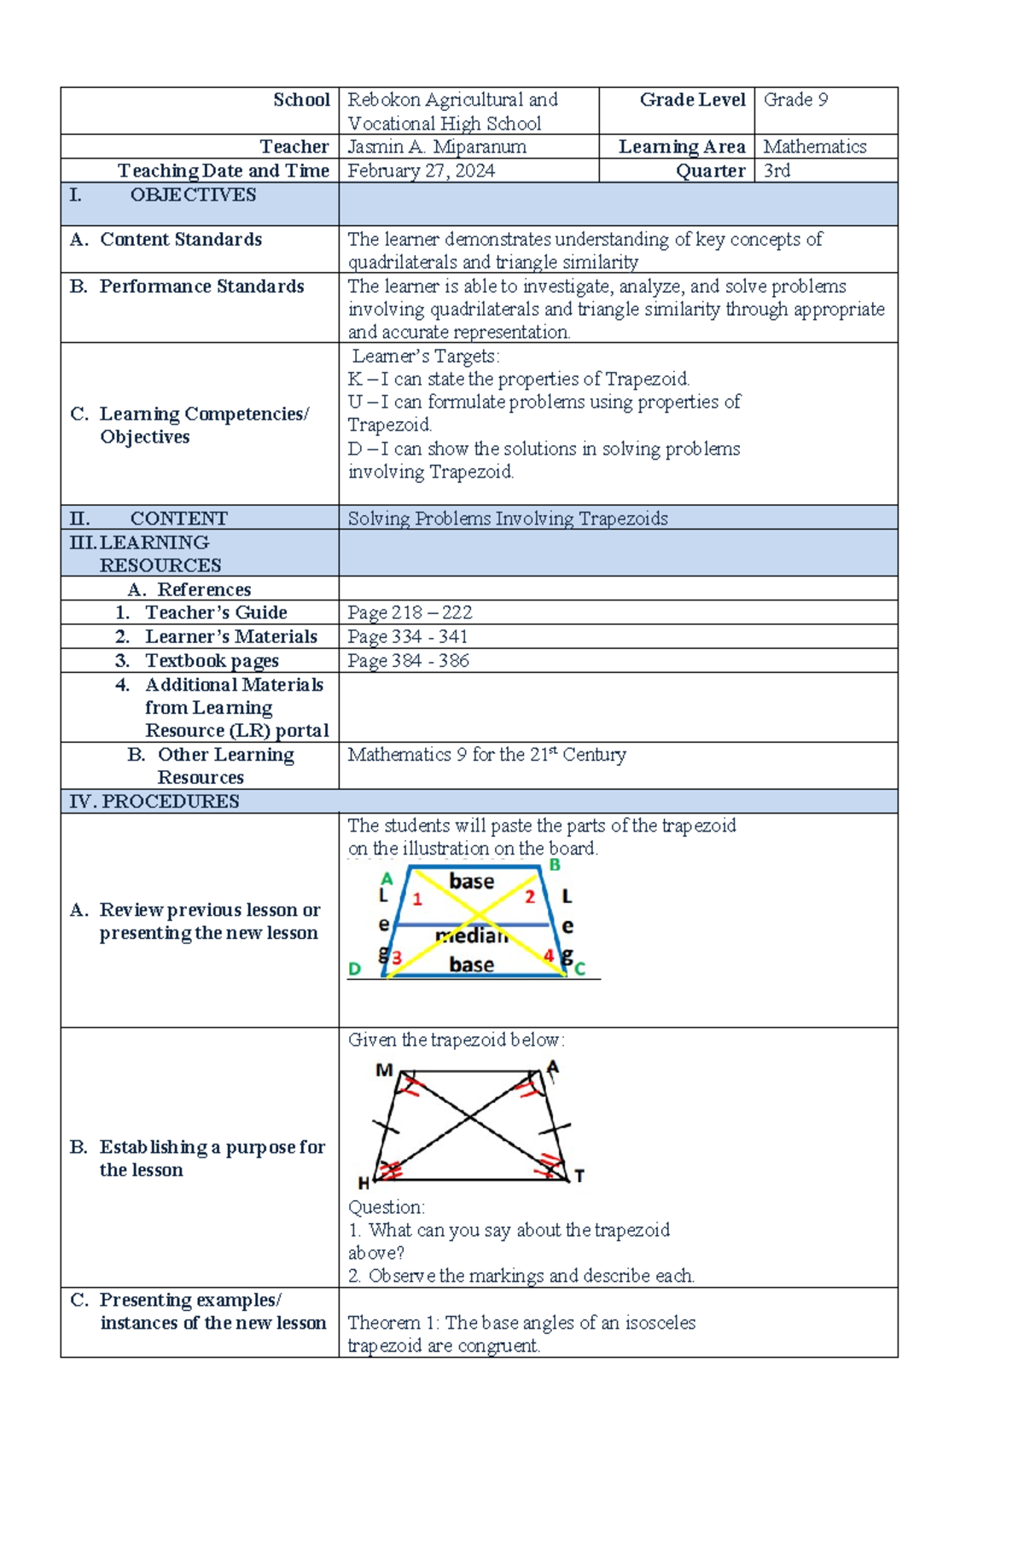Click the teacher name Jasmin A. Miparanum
[x=436, y=147]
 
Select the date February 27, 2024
[x=421, y=171]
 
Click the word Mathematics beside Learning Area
[x=814, y=147]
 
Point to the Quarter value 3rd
[x=777, y=171]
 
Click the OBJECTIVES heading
[x=193, y=195]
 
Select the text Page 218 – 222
[x=410, y=612]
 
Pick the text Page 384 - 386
[x=408, y=661]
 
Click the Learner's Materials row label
[x=230, y=637]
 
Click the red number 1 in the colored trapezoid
[x=417, y=899]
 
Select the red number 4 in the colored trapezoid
[x=549, y=957]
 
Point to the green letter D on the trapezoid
[x=355, y=969]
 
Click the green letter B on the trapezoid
[x=555, y=866]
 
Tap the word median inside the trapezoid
[x=472, y=936]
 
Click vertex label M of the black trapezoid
[x=384, y=1070]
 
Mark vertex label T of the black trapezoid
[x=579, y=1176]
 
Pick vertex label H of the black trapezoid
[x=364, y=1183]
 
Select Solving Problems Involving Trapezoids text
[x=508, y=519]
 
